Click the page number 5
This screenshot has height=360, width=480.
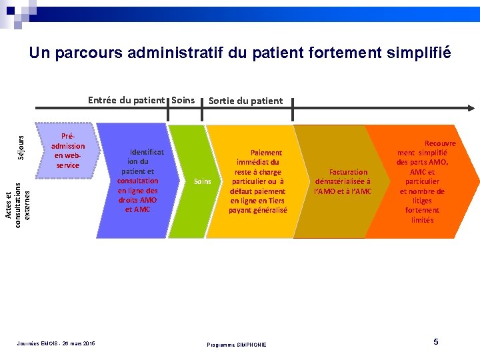[436, 342]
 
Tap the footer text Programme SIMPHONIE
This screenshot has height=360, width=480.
[237, 345]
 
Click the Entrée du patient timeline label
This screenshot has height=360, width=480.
[126, 101]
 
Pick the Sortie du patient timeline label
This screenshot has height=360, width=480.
[245, 101]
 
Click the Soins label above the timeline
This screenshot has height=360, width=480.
[183, 101]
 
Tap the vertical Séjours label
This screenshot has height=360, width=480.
[21, 147]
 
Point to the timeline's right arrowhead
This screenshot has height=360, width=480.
[470, 108]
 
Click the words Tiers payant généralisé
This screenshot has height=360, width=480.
[258, 205]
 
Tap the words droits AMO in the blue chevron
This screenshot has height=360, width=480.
[137, 200]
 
